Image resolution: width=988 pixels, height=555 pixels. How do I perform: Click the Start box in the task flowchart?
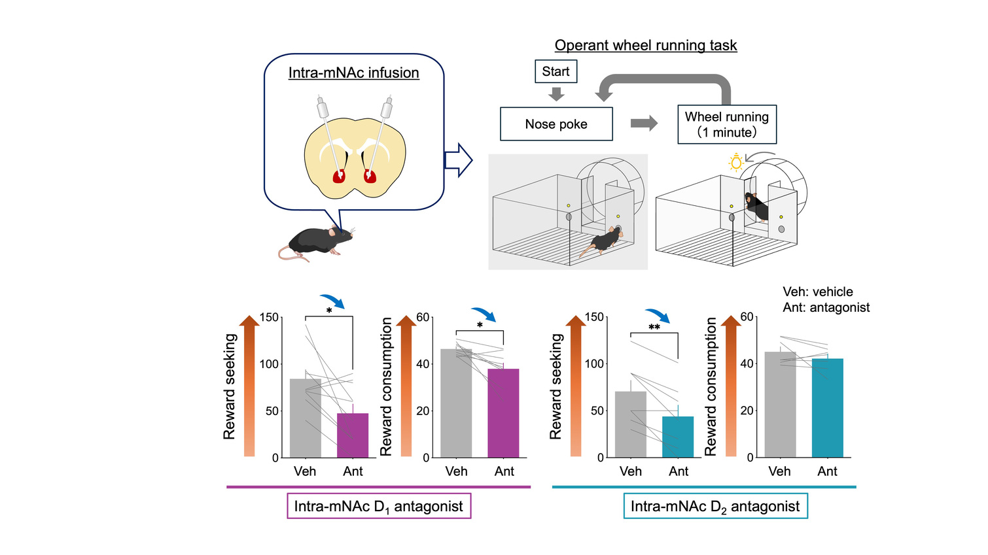pyautogui.click(x=556, y=71)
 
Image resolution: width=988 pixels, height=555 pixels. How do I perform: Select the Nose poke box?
pyautogui.click(x=556, y=124)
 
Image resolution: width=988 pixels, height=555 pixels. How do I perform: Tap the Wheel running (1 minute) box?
pyautogui.click(x=727, y=124)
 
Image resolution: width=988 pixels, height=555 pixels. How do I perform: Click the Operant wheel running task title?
pyautogui.click(x=646, y=45)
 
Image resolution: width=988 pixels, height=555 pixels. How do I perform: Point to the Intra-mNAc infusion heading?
pyautogui.click(x=354, y=73)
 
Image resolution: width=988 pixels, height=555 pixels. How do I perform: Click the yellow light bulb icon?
pyautogui.click(x=735, y=162)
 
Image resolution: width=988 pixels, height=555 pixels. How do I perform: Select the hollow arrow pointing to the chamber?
pyautogui.click(x=458, y=160)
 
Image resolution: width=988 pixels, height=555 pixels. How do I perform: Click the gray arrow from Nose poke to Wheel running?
pyautogui.click(x=644, y=124)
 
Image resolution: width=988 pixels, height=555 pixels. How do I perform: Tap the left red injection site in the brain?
pyautogui.click(x=339, y=177)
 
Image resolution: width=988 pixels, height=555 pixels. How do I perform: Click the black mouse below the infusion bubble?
pyautogui.click(x=316, y=243)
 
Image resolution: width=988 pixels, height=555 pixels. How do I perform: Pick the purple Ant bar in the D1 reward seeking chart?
pyautogui.click(x=353, y=435)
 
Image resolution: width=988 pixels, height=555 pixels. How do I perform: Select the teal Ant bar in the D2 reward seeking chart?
pyautogui.click(x=678, y=437)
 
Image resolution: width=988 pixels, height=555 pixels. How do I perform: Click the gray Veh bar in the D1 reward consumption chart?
pyautogui.click(x=456, y=403)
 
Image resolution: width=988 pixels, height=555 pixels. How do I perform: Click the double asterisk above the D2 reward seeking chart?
pyautogui.click(x=654, y=327)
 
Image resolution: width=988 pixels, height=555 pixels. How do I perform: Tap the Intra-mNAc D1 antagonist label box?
pyautogui.click(x=379, y=506)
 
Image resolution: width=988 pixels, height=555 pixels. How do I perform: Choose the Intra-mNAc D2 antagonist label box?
pyautogui.click(x=715, y=506)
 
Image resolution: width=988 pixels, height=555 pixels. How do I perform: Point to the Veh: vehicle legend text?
pyautogui.click(x=818, y=292)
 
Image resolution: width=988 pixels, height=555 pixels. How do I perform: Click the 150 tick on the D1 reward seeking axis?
pyautogui.click(x=269, y=318)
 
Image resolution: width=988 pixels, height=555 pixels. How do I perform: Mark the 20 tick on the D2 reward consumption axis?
pyautogui.click(x=747, y=411)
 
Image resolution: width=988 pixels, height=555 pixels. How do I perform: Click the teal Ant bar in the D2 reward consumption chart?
pyautogui.click(x=828, y=408)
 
